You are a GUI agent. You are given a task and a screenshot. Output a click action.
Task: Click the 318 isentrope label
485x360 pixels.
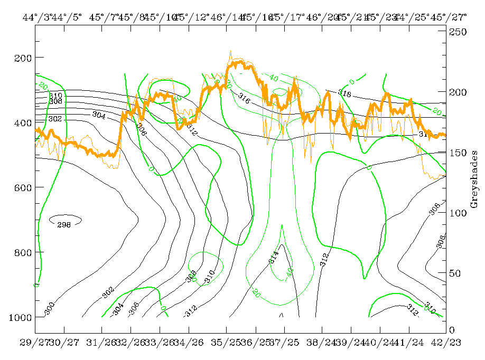tap(344, 94)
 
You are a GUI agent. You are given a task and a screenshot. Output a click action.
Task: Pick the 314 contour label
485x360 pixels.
tap(274, 259)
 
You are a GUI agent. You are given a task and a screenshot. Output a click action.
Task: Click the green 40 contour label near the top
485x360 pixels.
tap(273, 78)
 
